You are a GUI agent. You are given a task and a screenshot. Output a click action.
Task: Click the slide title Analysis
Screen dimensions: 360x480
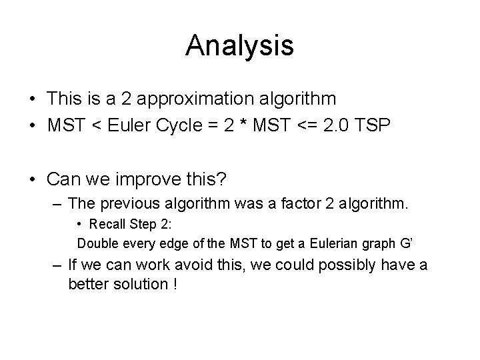click(239, 45)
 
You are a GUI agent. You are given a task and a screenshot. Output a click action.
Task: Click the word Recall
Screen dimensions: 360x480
click(108, 225)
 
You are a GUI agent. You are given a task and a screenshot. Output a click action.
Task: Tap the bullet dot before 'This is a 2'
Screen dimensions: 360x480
click(33, 99)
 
